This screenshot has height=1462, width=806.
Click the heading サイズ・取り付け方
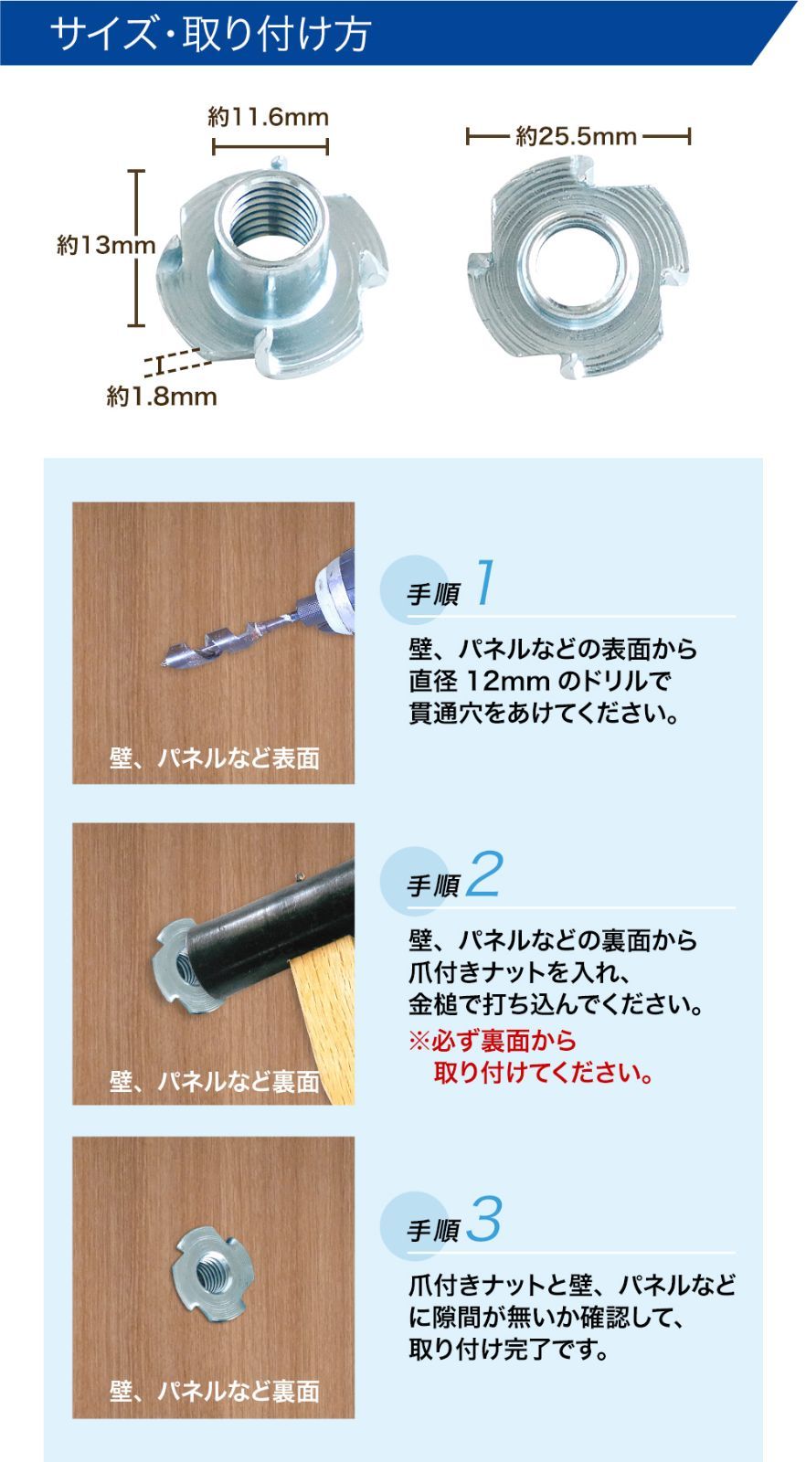[x=210, y=33]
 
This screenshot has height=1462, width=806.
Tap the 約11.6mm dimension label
[x=269, y=117]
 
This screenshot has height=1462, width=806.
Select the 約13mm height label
[x=106, y=245]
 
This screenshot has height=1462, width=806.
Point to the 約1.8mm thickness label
[x=161, y=397]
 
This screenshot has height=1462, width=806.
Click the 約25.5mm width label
[x=577, y=136]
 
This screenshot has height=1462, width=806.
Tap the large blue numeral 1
[x=485, y=581]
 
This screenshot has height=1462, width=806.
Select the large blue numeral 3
[x=484, y=1218]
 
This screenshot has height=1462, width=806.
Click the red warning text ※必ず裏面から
[x=493, y=1041]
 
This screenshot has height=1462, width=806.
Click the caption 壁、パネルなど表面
[x=214, y=758]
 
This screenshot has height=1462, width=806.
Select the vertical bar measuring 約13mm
[x=136, y=248]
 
